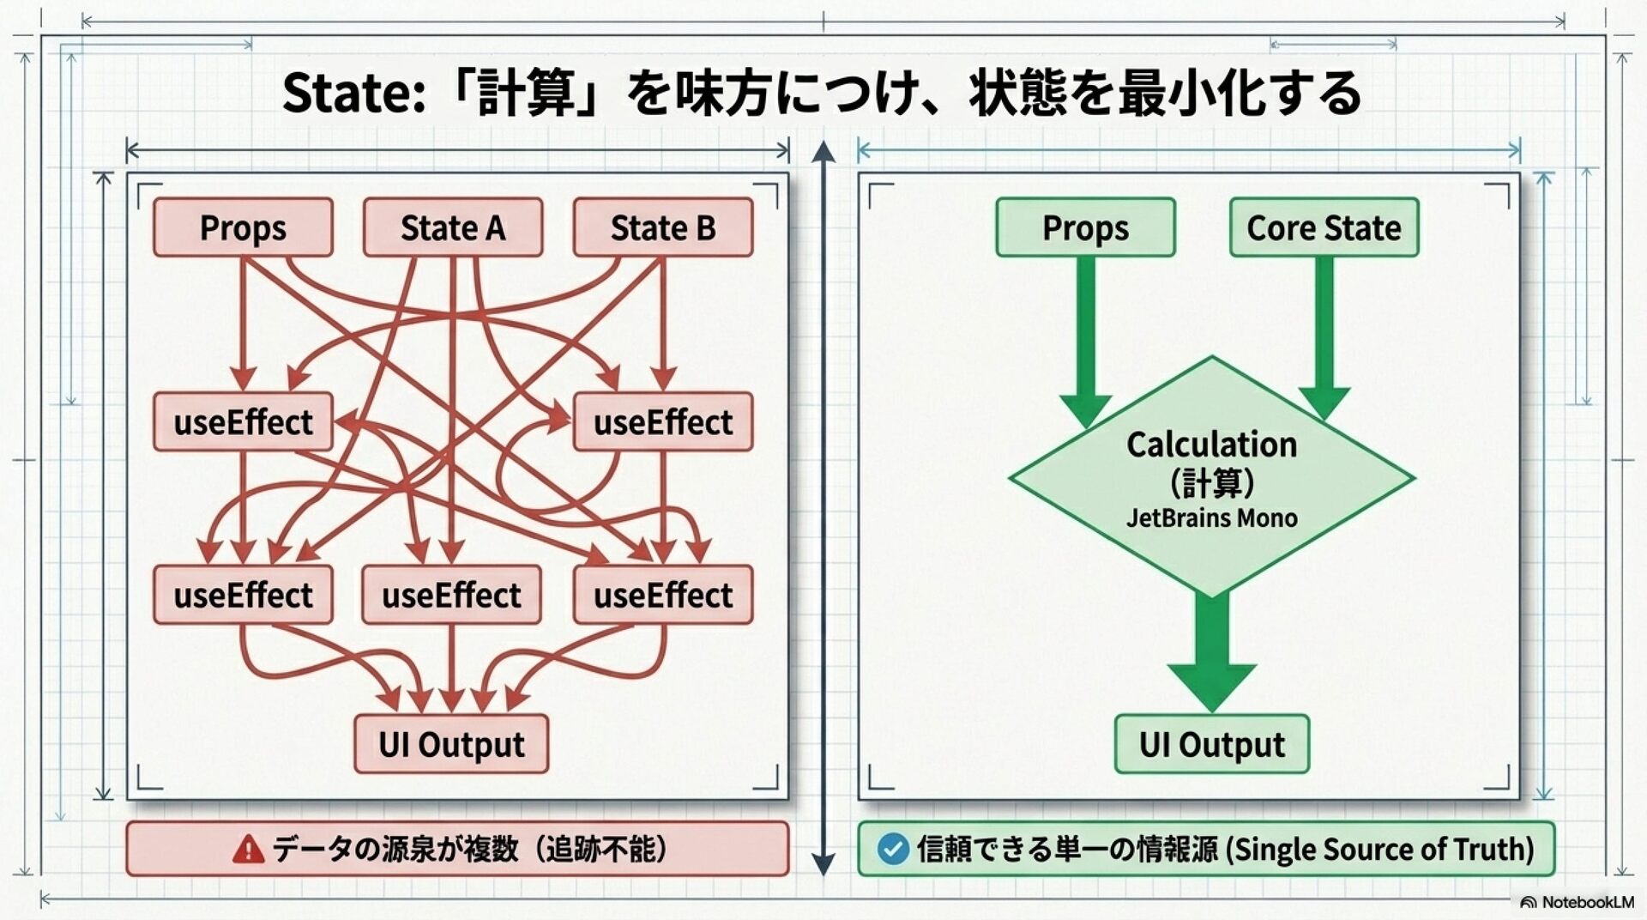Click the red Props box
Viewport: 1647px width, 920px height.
243,227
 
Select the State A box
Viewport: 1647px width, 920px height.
453,227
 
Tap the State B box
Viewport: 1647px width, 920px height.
662,227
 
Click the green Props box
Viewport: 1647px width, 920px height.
1085,227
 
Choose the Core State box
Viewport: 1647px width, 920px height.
1324,227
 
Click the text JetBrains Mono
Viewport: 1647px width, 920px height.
1211,518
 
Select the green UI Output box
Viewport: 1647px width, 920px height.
1211,744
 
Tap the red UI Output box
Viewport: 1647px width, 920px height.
451,744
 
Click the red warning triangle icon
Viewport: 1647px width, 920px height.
248,850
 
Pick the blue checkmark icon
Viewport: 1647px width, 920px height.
892,850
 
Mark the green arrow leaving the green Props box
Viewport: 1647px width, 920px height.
1085,335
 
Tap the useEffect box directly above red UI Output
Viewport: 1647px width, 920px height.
451,595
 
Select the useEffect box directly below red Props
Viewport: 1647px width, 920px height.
243,422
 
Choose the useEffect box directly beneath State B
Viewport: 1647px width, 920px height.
662,422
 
